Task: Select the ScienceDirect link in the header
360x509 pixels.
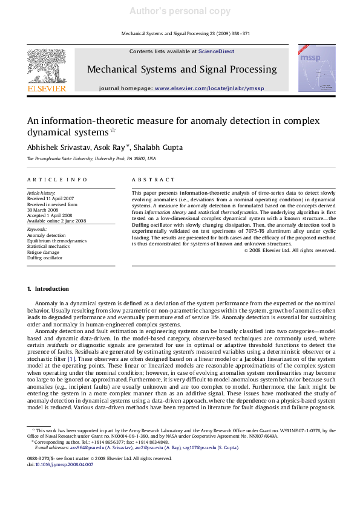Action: pyautogui.click(x=216, y=52)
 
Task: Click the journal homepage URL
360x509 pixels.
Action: pyautogui.click(x=209, y=88)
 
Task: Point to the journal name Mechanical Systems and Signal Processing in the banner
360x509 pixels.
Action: pyautogui.click(x=182, y=70)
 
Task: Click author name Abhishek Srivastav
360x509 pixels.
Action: pyautogui.click(x=59, y=148)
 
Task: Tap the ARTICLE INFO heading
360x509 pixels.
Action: pyautogui.click(x=57, y=180)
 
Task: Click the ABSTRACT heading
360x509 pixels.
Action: pyautogui.click(x=154, y=180)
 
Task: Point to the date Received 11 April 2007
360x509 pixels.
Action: pyautogui.click(x=51, y=198)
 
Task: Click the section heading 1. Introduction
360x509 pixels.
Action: pyautogui.click(x=48, y=289)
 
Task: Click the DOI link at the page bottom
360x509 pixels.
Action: pyautogui.click(x=64, y=464)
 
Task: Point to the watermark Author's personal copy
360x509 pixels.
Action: pyautogui.click(x=180, y=11)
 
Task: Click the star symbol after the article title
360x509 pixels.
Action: pyautogui.click(x=113, y=131)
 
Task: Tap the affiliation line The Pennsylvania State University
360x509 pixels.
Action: pyautogui.click(x=91, y=158)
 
